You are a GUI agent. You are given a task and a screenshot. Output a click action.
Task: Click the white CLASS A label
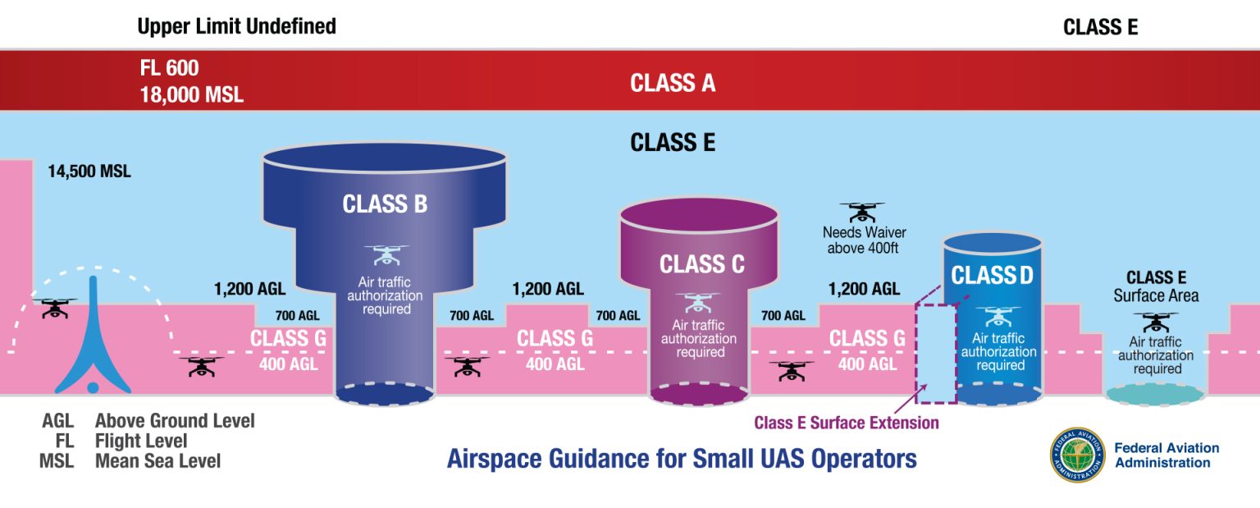[x=673, y=83]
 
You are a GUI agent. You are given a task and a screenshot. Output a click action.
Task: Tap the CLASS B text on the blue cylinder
[x=385, y=204]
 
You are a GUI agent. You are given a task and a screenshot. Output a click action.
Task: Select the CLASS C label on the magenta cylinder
[x=701, y=264]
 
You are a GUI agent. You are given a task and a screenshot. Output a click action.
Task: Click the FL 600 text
[x=169, y=68]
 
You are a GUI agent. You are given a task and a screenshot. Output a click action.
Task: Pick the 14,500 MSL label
[x=89, y=172]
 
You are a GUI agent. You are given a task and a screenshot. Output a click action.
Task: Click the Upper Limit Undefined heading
[x=236, y=26]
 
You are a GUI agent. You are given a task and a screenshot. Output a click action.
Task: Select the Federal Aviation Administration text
[x=1166, y=455]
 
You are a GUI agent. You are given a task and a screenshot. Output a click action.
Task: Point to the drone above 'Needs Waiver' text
[x=862, y=212]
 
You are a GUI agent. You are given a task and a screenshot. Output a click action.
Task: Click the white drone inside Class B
[x=386, y=254]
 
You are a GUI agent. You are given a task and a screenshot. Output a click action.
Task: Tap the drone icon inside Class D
[x=997, y=316]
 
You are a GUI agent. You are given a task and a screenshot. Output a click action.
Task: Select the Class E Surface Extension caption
[x=846, y=423]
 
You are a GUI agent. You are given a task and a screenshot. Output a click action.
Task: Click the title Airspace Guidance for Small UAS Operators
[x=681, y=458]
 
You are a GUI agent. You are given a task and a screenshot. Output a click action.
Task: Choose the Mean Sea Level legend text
[x=157, y=461]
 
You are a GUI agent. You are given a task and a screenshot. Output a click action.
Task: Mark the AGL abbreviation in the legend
[x=57, y=421]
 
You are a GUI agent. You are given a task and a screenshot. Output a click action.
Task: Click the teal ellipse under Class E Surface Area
[x=1156, y=395]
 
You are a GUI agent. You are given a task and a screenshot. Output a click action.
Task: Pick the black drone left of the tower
[x=54, y=309]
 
